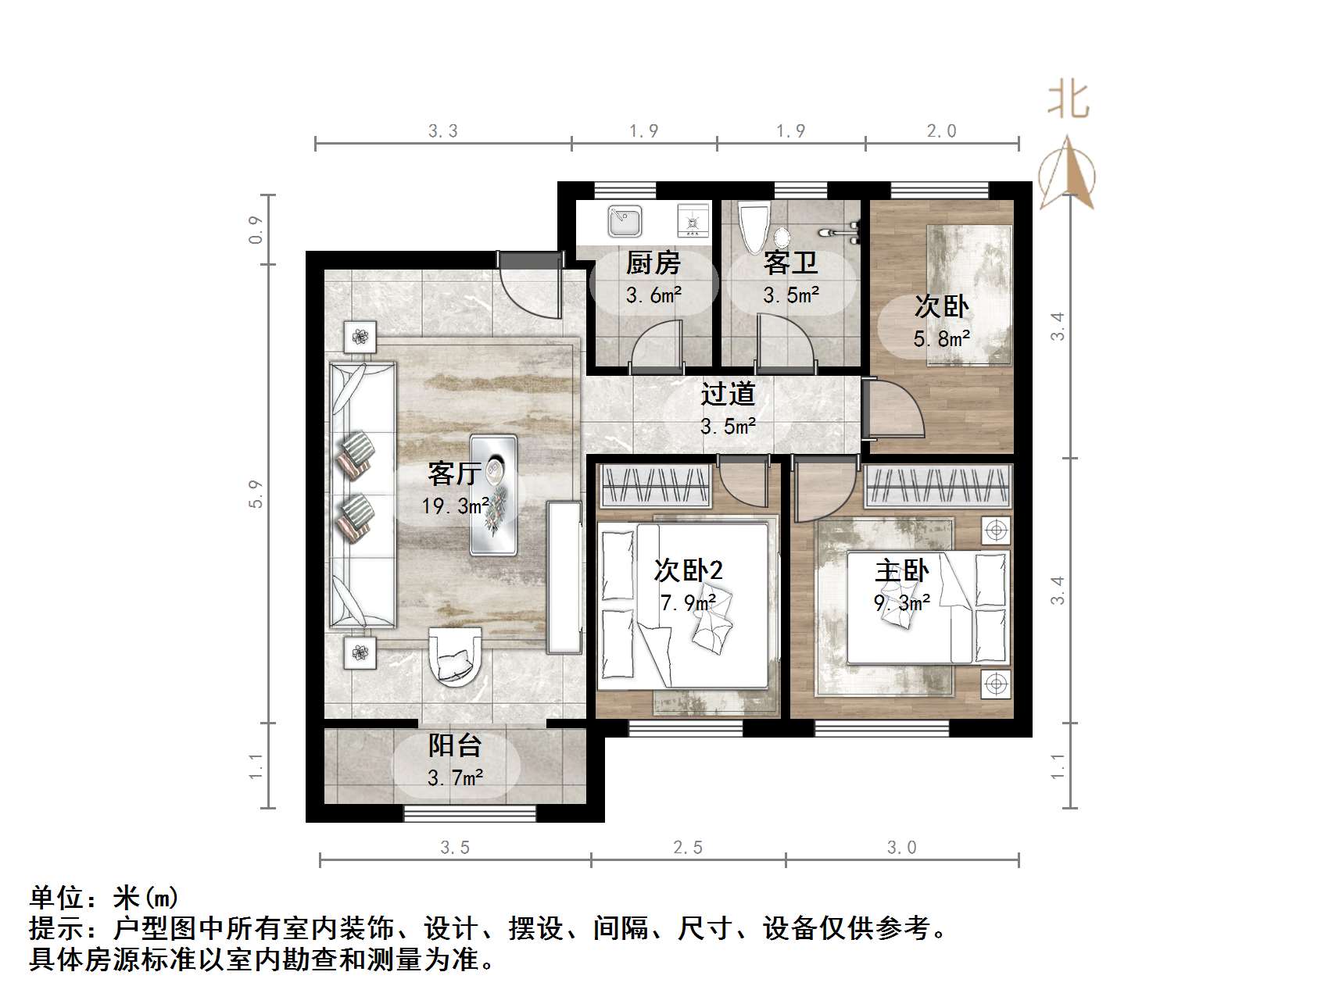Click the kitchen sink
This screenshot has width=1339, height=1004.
pos(625,221)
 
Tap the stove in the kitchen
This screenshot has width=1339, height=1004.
pos(693,221)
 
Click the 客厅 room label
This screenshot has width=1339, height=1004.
pos(453,473)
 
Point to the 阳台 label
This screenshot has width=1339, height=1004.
pos(454,745)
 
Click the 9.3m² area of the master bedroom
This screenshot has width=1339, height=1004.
pos(901,602)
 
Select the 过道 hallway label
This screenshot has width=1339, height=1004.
pos(727,394)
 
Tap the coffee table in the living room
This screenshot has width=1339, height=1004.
pos(493,495)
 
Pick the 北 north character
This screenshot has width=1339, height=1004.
pos(1069,102)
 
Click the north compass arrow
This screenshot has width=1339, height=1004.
pos(1068,173)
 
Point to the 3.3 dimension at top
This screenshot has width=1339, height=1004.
pos(442,131)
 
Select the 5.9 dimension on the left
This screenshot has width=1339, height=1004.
pos(256,494)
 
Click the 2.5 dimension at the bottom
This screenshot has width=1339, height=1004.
pos(688,848)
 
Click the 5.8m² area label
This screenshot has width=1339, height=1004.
pos(941,339)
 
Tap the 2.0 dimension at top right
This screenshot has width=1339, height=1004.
pos(941,131)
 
